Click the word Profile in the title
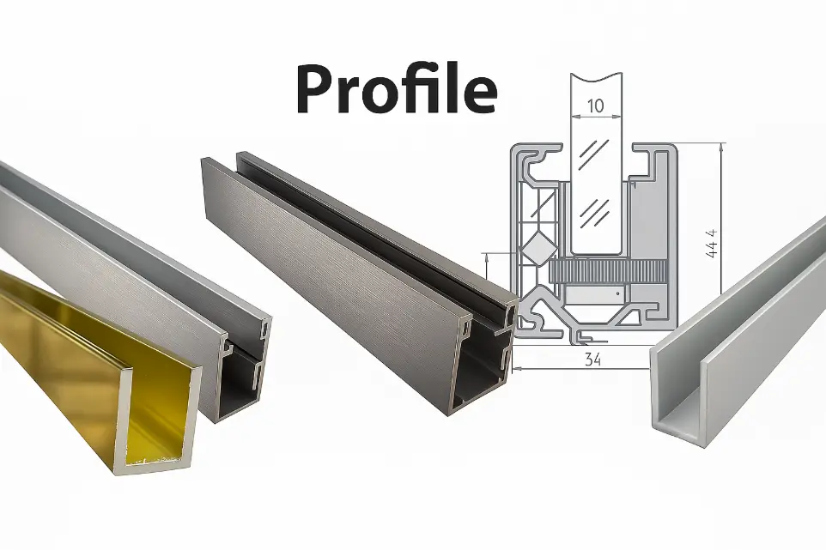(x=397, y=89)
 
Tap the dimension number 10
(x=595, y=106)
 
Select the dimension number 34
(x=593, y=360)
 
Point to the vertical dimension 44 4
(x=711, y=243)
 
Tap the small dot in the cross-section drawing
(x=618, y=292)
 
